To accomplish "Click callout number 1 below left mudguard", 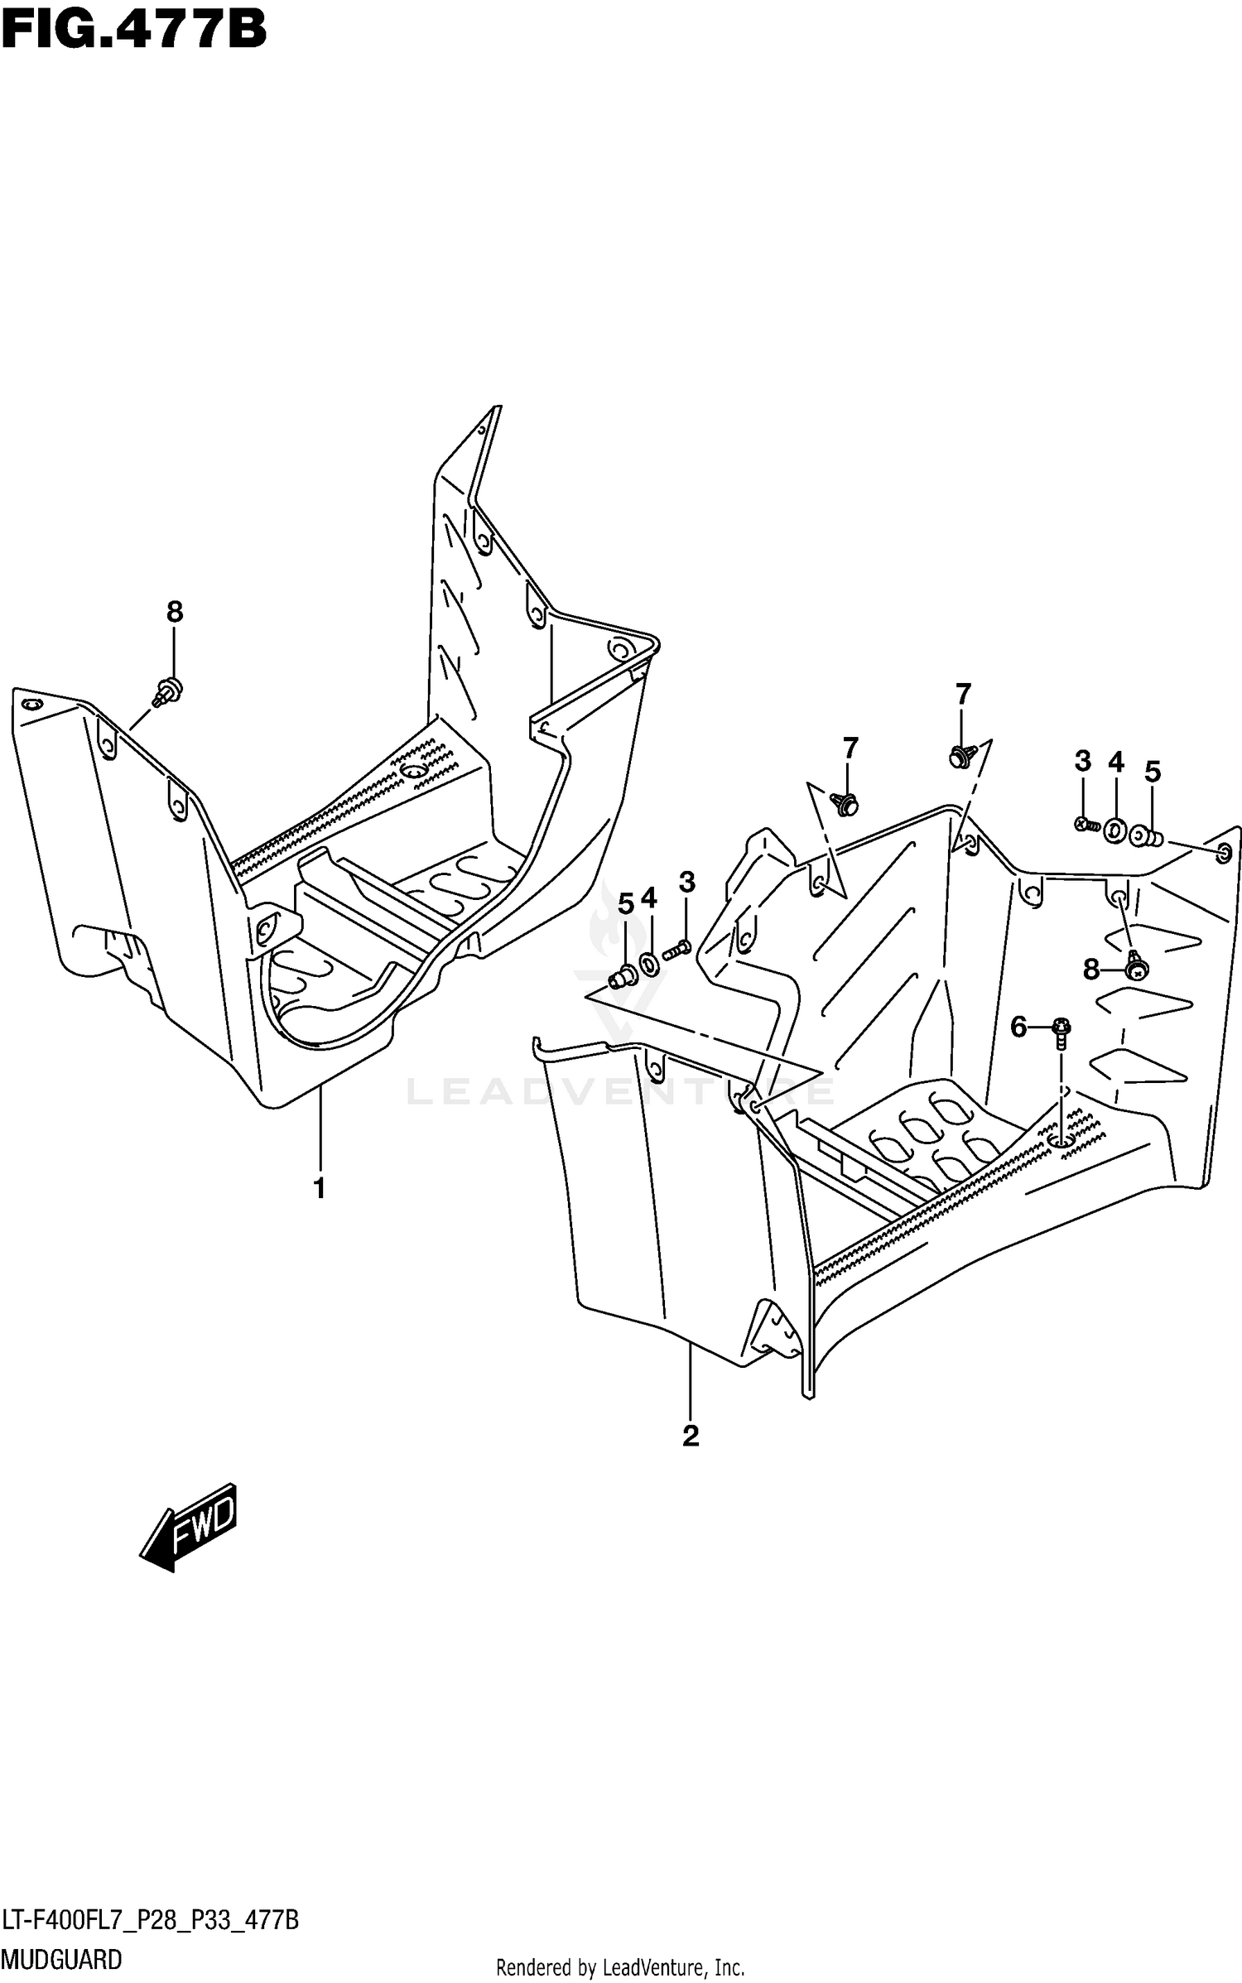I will pyautogui.click(x=319, y=1187).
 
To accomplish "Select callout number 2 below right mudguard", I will pyautogui.click(x=691, y=1435).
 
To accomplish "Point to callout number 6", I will pyautogui.click(x=1018, y=1028).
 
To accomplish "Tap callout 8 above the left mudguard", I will pyautogui.click(x=174, y=612).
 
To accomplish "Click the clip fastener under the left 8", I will pyautogui.click(x=169, y=689).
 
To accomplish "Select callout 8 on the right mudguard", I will pyautogui.click(x=1090, y=968).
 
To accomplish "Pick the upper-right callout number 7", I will pyautogui.click(x=962, y=694).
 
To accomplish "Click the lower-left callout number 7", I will pyautogui.click(x=850, y=748).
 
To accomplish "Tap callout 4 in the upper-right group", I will pyautogui.click(x=1116, y=762).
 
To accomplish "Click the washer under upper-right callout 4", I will pyautogui.click(x=1114, y=830).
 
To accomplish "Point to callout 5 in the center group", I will pyautogui.click(x=626, y=904).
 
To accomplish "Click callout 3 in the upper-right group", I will pyautogui.click(x=1083, y=761).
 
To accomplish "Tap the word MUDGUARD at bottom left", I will pyautogui.click(x=62, y=1959).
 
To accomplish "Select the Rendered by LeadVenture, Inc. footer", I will pyautogui.click(x=620, y=1966).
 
